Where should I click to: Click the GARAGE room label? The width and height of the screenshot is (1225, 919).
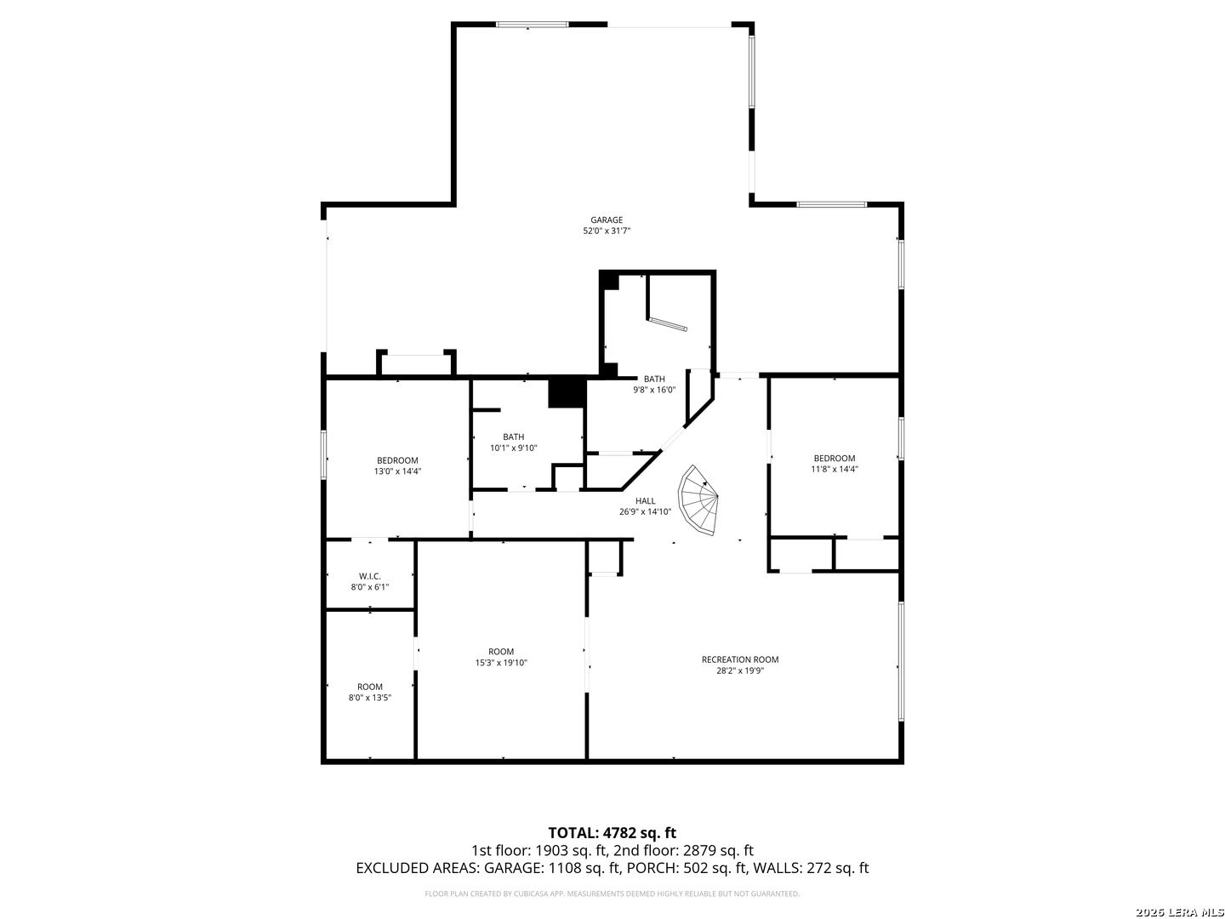coord(606,220)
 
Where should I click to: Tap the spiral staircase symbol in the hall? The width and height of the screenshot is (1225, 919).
coord(697,500)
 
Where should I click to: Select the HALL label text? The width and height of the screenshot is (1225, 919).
coord(645,501)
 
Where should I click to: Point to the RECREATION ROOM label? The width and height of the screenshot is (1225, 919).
coord(739,659)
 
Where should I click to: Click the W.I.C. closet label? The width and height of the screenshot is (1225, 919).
coord(369,576)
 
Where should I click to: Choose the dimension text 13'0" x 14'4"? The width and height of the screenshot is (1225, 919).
coord(397,471)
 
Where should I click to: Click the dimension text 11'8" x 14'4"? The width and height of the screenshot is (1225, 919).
coord(834,469)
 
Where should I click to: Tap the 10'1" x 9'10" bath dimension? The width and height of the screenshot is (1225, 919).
coord(514,448)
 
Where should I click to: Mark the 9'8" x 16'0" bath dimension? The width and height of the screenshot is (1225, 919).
coord(654,390)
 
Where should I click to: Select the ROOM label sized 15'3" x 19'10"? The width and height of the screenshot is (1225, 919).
coord(500,652)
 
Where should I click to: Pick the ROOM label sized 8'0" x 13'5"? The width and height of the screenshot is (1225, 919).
coord(369,687)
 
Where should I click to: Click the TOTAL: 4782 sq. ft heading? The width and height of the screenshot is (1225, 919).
coord(612,833)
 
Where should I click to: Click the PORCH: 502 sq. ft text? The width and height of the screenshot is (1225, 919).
coord(687,868)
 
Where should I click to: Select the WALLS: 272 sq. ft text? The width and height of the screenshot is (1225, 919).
coord(811,868)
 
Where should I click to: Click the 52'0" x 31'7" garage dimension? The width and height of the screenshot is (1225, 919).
coord(606,231)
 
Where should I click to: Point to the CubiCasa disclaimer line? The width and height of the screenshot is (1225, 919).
coord(612,893)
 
